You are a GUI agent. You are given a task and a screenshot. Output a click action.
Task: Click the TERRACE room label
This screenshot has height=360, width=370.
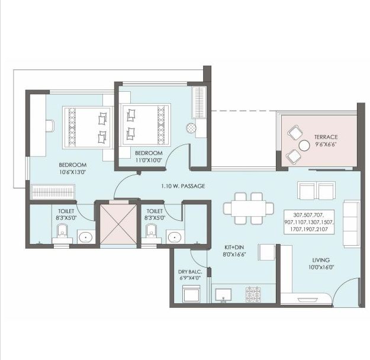click(326, 137)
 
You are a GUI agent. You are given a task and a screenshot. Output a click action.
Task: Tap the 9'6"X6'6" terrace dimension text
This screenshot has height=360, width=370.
click(326, 144)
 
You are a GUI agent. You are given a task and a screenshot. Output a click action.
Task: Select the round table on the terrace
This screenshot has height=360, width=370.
click(304, 146)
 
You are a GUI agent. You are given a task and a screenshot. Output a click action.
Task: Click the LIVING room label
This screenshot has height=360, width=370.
click(321, 260)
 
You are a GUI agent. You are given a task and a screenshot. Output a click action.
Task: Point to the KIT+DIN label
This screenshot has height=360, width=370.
click(234, 247)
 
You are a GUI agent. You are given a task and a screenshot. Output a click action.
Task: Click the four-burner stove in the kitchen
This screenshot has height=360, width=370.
click(253, 294)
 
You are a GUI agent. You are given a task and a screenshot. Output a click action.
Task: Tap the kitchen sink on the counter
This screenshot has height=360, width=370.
click(223, 295)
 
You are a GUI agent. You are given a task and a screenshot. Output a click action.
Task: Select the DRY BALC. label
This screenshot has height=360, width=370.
click(190, 271)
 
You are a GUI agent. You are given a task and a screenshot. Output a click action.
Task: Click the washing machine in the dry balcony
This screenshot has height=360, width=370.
click(191, 294)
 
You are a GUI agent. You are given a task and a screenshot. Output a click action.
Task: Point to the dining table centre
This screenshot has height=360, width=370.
click(249, 208)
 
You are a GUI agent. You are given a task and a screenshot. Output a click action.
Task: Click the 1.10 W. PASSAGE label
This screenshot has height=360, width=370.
click(183, 186)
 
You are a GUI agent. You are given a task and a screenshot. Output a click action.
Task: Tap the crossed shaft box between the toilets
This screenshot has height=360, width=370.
click(118, 224)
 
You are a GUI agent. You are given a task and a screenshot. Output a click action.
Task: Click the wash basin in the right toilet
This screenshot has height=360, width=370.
click(175, 236)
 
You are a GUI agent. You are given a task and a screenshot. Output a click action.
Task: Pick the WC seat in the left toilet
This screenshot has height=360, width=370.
click(62, 232)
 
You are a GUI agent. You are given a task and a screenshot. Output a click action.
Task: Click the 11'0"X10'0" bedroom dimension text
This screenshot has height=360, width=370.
click(149, 160)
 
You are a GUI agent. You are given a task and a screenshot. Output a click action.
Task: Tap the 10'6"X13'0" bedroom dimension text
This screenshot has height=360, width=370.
click(72, 172)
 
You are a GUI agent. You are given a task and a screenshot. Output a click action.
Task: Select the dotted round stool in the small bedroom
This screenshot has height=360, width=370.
click(191, 128)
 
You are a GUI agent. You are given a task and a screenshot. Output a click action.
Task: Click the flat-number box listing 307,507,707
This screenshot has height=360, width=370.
click(309, 222)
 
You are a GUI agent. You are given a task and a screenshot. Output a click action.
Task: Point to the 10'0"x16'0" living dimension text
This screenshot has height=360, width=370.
click(321, 268)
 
